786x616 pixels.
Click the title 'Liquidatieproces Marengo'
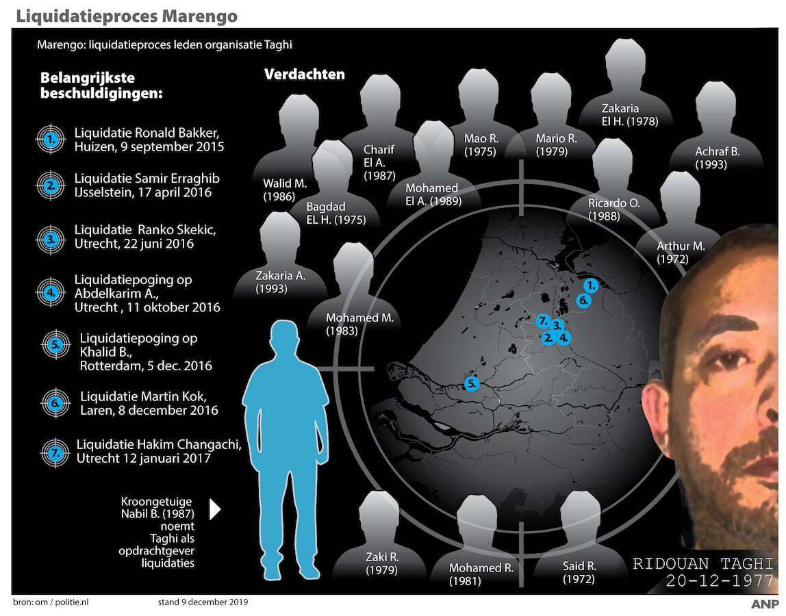click(125, 14)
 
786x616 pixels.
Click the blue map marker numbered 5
click(471, 384)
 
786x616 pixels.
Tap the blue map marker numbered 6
click(583, 300)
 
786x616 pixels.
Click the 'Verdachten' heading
click(304, 74)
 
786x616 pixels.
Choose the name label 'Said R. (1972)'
click(578, 572)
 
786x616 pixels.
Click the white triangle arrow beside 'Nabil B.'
click(215, 509)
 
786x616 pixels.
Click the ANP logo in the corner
click(763, 604)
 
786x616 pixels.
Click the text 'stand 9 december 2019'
click(203, 602)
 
